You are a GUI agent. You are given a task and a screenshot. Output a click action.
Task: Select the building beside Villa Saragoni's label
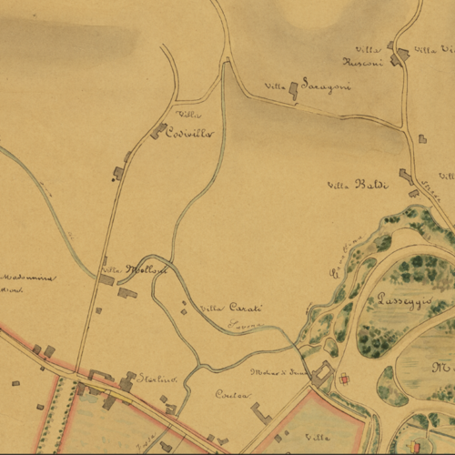pos(293,89)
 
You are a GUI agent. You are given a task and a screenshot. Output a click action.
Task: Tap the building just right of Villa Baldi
pos(406,176)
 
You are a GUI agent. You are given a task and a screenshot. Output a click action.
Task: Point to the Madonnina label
pos(27,278)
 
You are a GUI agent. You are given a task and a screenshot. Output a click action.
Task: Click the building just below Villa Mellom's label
pos(126,293)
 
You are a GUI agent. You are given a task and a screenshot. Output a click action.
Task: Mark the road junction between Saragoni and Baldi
pos(405,126)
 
